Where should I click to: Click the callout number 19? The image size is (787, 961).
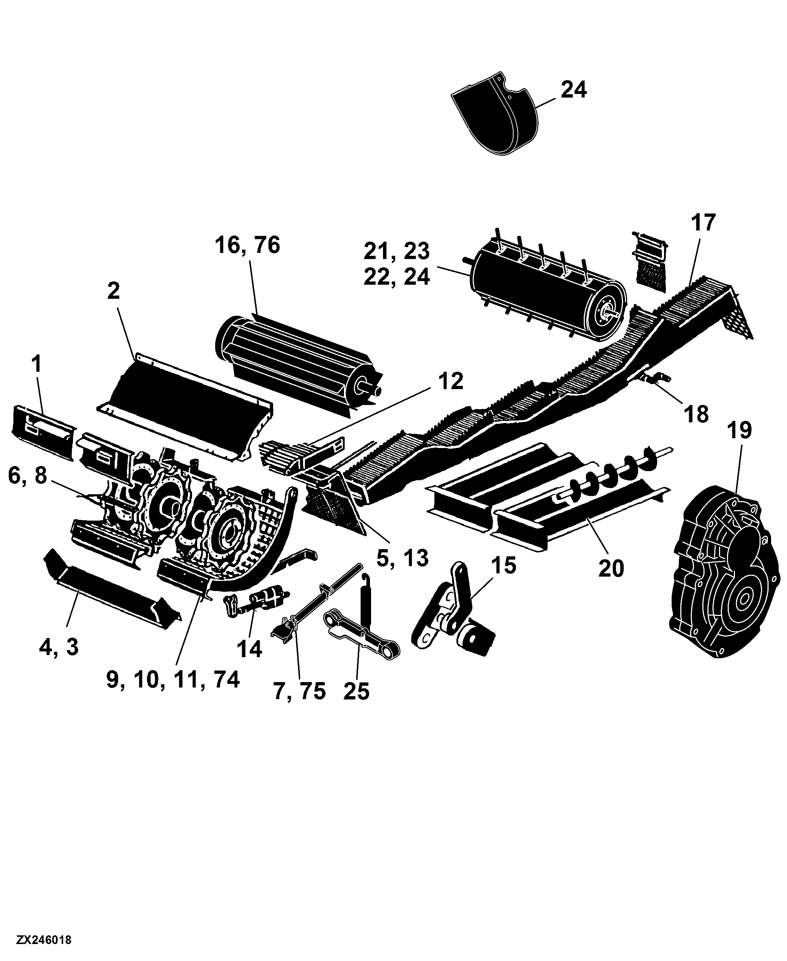[x=739, y=430]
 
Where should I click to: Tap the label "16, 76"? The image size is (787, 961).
[x=247, y=245]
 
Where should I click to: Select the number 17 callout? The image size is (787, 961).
[x=703, y=222]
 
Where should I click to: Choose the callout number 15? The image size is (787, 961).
[x=503, y=566]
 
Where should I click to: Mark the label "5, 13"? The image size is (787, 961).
[x=403, y=559]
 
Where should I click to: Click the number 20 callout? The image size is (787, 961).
[x=611, y=569]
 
